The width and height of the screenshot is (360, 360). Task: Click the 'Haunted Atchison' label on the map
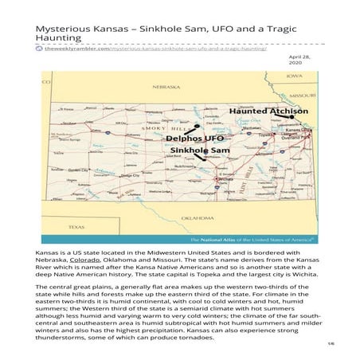[x=260, y=112]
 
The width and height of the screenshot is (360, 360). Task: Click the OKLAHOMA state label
[x=197, y=217]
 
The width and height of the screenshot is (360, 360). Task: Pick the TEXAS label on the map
[x=76, y=226]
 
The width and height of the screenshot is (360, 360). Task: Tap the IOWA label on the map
[x=295, y=76]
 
